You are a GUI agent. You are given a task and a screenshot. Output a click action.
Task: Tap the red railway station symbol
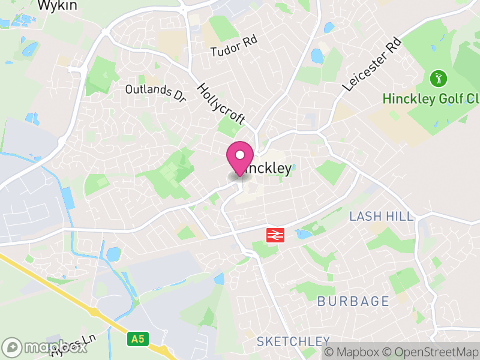tap(275, 235)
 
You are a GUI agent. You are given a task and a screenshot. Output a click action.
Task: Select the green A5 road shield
tap(138, 339)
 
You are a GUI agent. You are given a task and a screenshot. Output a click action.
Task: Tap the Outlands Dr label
tap(156, 89)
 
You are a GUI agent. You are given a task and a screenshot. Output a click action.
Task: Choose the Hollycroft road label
tap(221, 103)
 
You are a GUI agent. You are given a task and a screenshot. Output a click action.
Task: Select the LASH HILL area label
tap(382, 216)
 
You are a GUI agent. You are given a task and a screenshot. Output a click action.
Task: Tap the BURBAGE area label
tap(353, 301)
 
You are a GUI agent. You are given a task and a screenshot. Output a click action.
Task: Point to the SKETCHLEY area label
tap(293, 341)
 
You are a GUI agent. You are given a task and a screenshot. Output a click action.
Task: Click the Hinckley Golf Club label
tap(431, 98)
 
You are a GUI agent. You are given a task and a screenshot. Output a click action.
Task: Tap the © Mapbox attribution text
tap(353, 352)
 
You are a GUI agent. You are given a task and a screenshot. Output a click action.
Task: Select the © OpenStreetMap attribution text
tap(430, 352)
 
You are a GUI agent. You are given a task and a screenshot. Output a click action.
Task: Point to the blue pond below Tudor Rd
tap(317, 56)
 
